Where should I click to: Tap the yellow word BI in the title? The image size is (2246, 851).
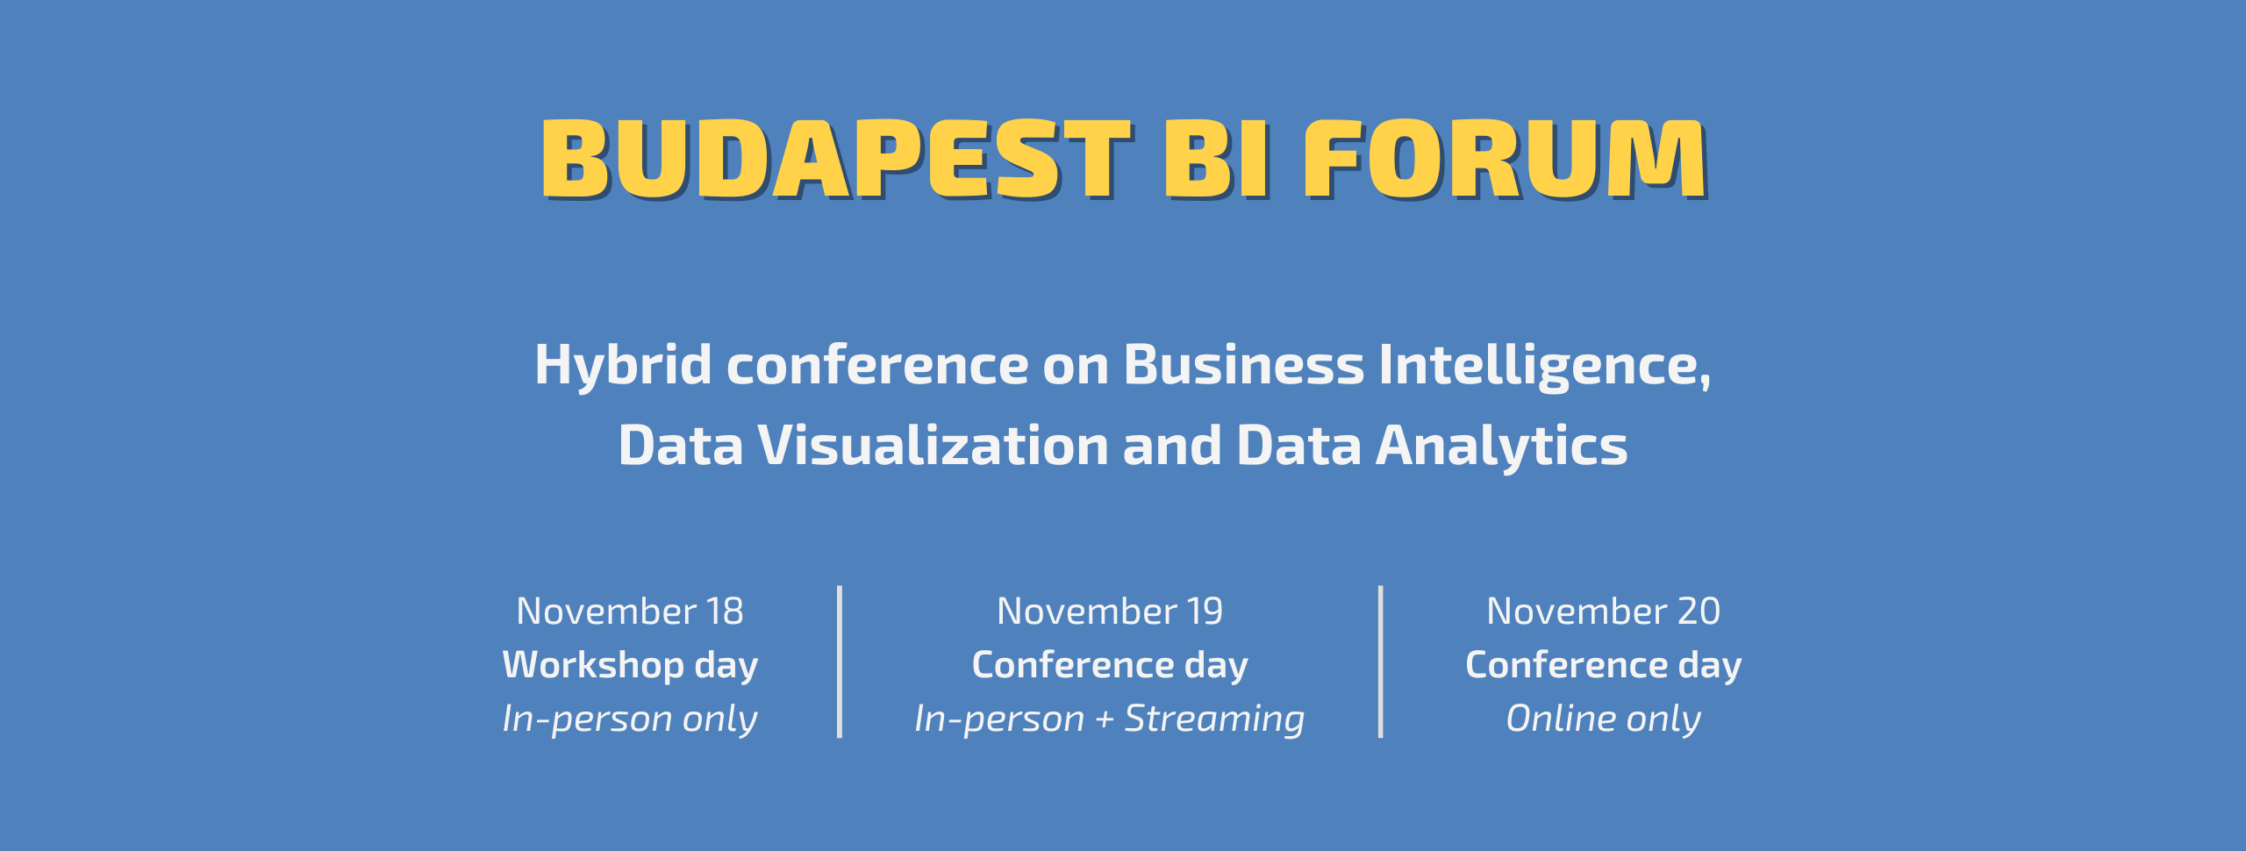[x=1216, y=159]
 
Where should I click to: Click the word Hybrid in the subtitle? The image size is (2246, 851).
[x=623, y=366]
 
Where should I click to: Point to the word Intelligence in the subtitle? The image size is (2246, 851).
[x=1544, y=366]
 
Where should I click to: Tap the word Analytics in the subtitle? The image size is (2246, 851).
[x=1501, y=447]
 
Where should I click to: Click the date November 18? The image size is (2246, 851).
[x=630, y=611]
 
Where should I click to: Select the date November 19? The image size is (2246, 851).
[x=1110, y=611]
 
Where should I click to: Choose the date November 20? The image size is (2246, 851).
[x=1604, y=611]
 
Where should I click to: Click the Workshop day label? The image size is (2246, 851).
[x=630, y=665]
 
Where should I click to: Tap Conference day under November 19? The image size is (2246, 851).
[x=1110, y=665]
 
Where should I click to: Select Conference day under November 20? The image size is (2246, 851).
[x=1604, y=665]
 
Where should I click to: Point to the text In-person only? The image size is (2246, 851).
[x=630, y=719]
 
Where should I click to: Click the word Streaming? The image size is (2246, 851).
[x=1215, y=719]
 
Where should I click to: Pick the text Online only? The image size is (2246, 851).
[x=1604, y=719]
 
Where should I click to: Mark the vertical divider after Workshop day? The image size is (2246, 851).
[x=840, y=661]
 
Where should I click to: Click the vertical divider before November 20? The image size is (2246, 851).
[x=1381, y=661]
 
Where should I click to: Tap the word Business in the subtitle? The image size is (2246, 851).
[x=1244, y=364]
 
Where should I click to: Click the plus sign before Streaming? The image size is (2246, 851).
[x=1105, y=719]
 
